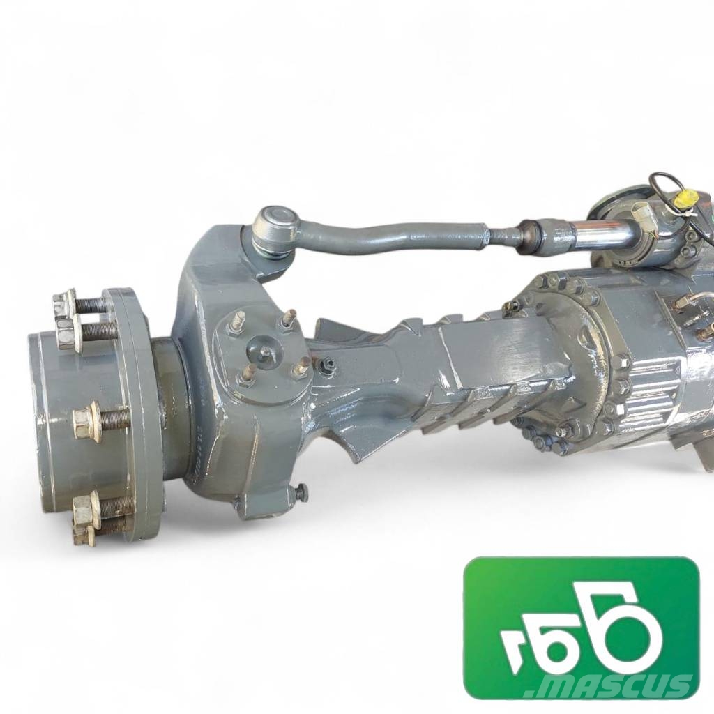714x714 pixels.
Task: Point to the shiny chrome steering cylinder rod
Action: click(602, 227)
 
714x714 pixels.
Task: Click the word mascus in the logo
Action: click(609, 686)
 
